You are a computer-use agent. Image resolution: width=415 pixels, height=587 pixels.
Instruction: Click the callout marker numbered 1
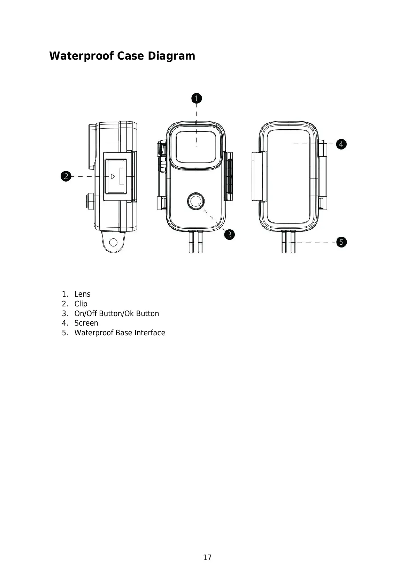[x=197, y=99]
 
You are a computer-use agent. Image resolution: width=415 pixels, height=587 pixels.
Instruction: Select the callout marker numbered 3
[x=230, y=234]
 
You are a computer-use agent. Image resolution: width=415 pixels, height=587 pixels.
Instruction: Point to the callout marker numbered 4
[x=341, y=144]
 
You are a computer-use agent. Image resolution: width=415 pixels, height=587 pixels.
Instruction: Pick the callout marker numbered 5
[x=341, y=242]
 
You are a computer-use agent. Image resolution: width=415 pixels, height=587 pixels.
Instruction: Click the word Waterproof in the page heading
[x=81, y=56]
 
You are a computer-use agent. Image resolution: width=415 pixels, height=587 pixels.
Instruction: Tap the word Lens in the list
[x=82, y=294]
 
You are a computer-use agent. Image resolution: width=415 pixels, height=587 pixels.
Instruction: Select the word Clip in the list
[x=81, y=304]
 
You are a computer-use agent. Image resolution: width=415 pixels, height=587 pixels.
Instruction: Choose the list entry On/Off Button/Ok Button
[x=116, y=314]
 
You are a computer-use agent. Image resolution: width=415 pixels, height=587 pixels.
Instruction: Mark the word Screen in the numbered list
[x=86, y=323]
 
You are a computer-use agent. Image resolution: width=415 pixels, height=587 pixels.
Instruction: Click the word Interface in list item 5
[x=150, y=333]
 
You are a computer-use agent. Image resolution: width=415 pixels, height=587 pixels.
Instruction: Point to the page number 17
[x=207, y=558]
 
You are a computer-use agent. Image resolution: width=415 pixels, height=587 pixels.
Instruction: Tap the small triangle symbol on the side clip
[x=113, y=176]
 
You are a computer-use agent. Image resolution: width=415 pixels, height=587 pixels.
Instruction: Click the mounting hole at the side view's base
[x=113, y=242]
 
